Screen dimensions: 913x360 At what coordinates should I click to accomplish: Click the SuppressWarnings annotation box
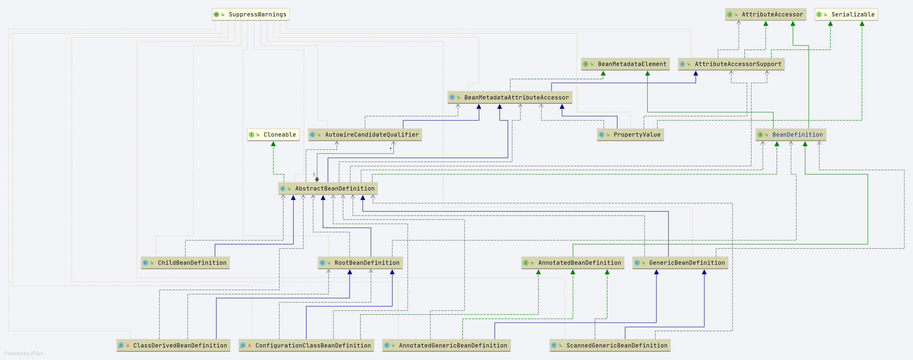[x=251, y=14]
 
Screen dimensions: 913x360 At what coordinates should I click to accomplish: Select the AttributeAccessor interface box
[x=766, y=14]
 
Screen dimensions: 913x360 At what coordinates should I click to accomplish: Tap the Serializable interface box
[x=846, y=14]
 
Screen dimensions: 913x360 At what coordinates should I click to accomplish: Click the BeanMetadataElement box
[x=625, y=64]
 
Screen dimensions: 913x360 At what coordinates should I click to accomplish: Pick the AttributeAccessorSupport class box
[x=731, y=64]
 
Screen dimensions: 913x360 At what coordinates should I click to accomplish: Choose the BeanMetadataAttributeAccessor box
[x=510, y=98]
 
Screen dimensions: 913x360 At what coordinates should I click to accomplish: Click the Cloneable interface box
[x=273, y=135]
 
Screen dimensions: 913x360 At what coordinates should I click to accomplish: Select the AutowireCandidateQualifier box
[x=365, y=135]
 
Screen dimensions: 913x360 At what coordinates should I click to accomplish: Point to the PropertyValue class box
[x=630, y=135]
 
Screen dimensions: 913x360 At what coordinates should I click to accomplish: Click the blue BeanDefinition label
[x=797, y=135]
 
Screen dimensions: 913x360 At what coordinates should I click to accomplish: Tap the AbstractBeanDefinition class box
[x=328, y=189]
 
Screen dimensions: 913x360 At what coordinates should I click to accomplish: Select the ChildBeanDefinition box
[x=185, y=262]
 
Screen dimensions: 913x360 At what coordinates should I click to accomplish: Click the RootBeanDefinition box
[x=360, y=262]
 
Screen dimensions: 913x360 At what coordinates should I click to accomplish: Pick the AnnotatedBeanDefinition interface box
[x=572, y=262]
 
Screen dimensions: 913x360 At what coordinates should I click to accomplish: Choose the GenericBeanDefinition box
[x=680, y=262]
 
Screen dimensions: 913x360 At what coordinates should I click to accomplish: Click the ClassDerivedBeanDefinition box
[x=173, y=346]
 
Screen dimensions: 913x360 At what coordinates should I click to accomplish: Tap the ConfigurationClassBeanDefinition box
[x=306, y=346]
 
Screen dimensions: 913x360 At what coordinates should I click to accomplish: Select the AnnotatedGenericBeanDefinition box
[x=446, y=346]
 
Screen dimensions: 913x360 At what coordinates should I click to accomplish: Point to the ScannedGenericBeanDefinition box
[x=610, y=346]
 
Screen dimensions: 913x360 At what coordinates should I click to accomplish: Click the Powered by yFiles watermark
[x=23, y=353]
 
